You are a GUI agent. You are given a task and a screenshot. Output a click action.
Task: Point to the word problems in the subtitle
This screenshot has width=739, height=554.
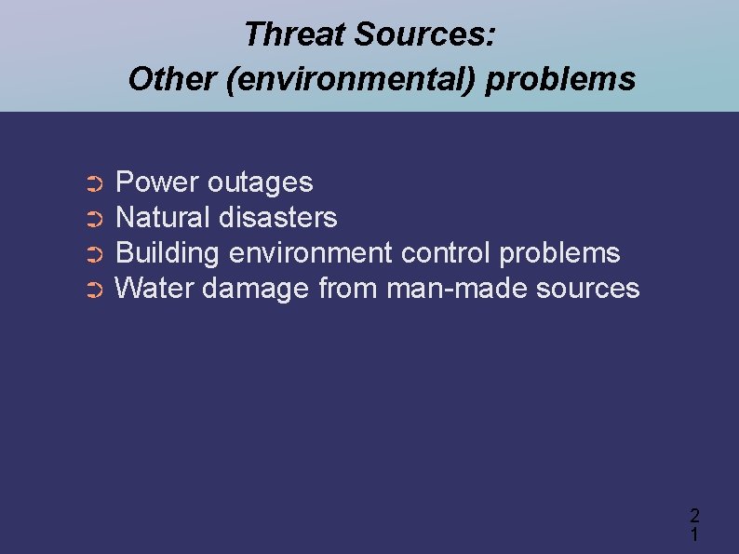click(x=560, y=79)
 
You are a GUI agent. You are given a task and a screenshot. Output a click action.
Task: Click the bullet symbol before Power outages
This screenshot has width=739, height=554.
click(x=92, y=183)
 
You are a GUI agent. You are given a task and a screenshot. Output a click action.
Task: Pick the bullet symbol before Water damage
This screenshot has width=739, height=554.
click(x=92, y=291)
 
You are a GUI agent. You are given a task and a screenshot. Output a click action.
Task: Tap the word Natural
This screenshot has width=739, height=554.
click(x=163, y=218)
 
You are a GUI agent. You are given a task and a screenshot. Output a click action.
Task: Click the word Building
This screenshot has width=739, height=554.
click(x=168, y=253)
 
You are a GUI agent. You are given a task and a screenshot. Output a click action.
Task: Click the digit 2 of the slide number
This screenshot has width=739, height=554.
click(x=694, y=515)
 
